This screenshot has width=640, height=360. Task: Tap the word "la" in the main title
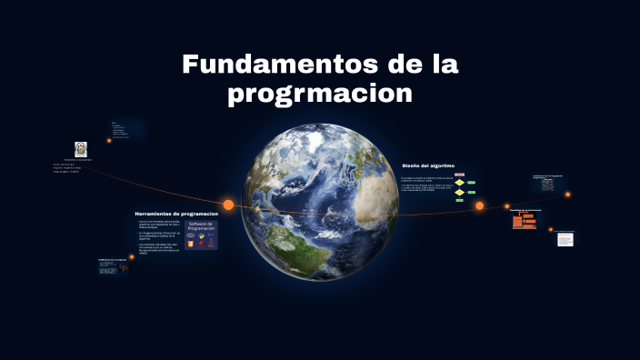click(441, 65)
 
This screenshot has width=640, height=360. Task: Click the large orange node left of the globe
click(229, 205)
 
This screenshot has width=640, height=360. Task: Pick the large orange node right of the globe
click(479, 205)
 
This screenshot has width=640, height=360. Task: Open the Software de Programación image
click(201, 234)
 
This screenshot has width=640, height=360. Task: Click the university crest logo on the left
click(81, 148)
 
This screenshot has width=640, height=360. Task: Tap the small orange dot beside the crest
click(109, 141)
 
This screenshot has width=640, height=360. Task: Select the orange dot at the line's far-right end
click(568, 195)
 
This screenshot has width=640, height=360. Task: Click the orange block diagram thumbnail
click(525, 221)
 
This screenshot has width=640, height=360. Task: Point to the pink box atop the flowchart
click(460, 175)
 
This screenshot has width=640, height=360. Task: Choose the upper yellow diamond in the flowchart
click(460, 183)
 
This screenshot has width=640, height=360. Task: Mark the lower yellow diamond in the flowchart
click(460, 193)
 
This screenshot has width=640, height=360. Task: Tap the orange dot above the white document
click(551, 230)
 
